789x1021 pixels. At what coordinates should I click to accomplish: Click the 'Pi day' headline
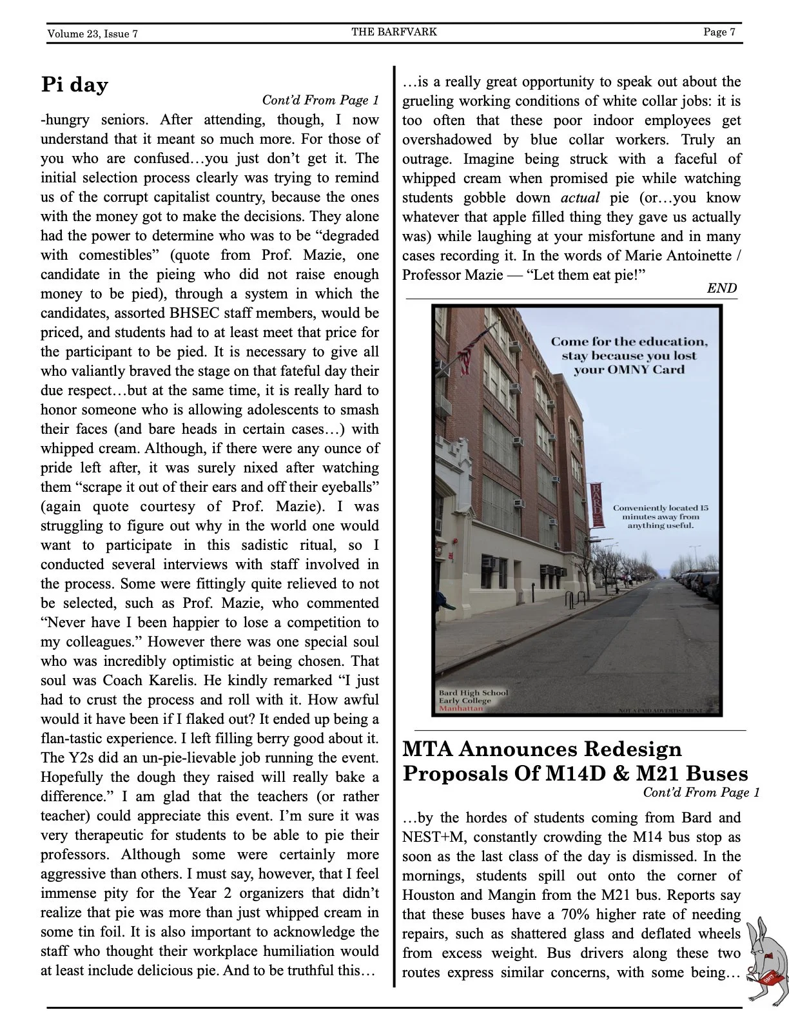[x=74, y=84]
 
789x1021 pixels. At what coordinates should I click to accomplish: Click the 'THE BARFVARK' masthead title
[x=394, y=32]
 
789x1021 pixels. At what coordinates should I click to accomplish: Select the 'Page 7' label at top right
[x=719, y=32]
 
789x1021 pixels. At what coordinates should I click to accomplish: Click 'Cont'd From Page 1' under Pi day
[x=320, y=100]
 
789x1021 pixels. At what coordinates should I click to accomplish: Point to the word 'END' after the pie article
[x=721, y=288]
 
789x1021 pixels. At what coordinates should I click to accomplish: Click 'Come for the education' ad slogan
[x=628, y=342]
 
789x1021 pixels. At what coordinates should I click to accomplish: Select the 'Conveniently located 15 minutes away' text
[x=660, y=516]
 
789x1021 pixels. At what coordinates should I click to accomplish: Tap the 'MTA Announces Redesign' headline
[x=541, y=750]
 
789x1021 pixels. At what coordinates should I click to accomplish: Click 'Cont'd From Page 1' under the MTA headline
[x=701, y=792]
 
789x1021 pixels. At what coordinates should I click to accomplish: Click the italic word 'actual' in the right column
[x=580, y=198]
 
